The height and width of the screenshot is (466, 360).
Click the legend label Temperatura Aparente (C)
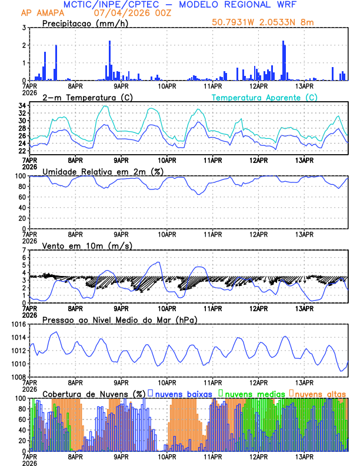click(264, 97)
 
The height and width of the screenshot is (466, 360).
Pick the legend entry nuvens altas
click(320, 393)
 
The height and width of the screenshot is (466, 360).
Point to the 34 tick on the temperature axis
click(21, 106)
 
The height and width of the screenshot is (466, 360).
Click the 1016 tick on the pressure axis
click(18, 324)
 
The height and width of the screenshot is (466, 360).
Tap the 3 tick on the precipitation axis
click(24, 28)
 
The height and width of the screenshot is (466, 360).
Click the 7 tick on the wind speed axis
click(24, 250)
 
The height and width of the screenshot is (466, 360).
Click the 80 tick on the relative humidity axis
click(21, 187)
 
